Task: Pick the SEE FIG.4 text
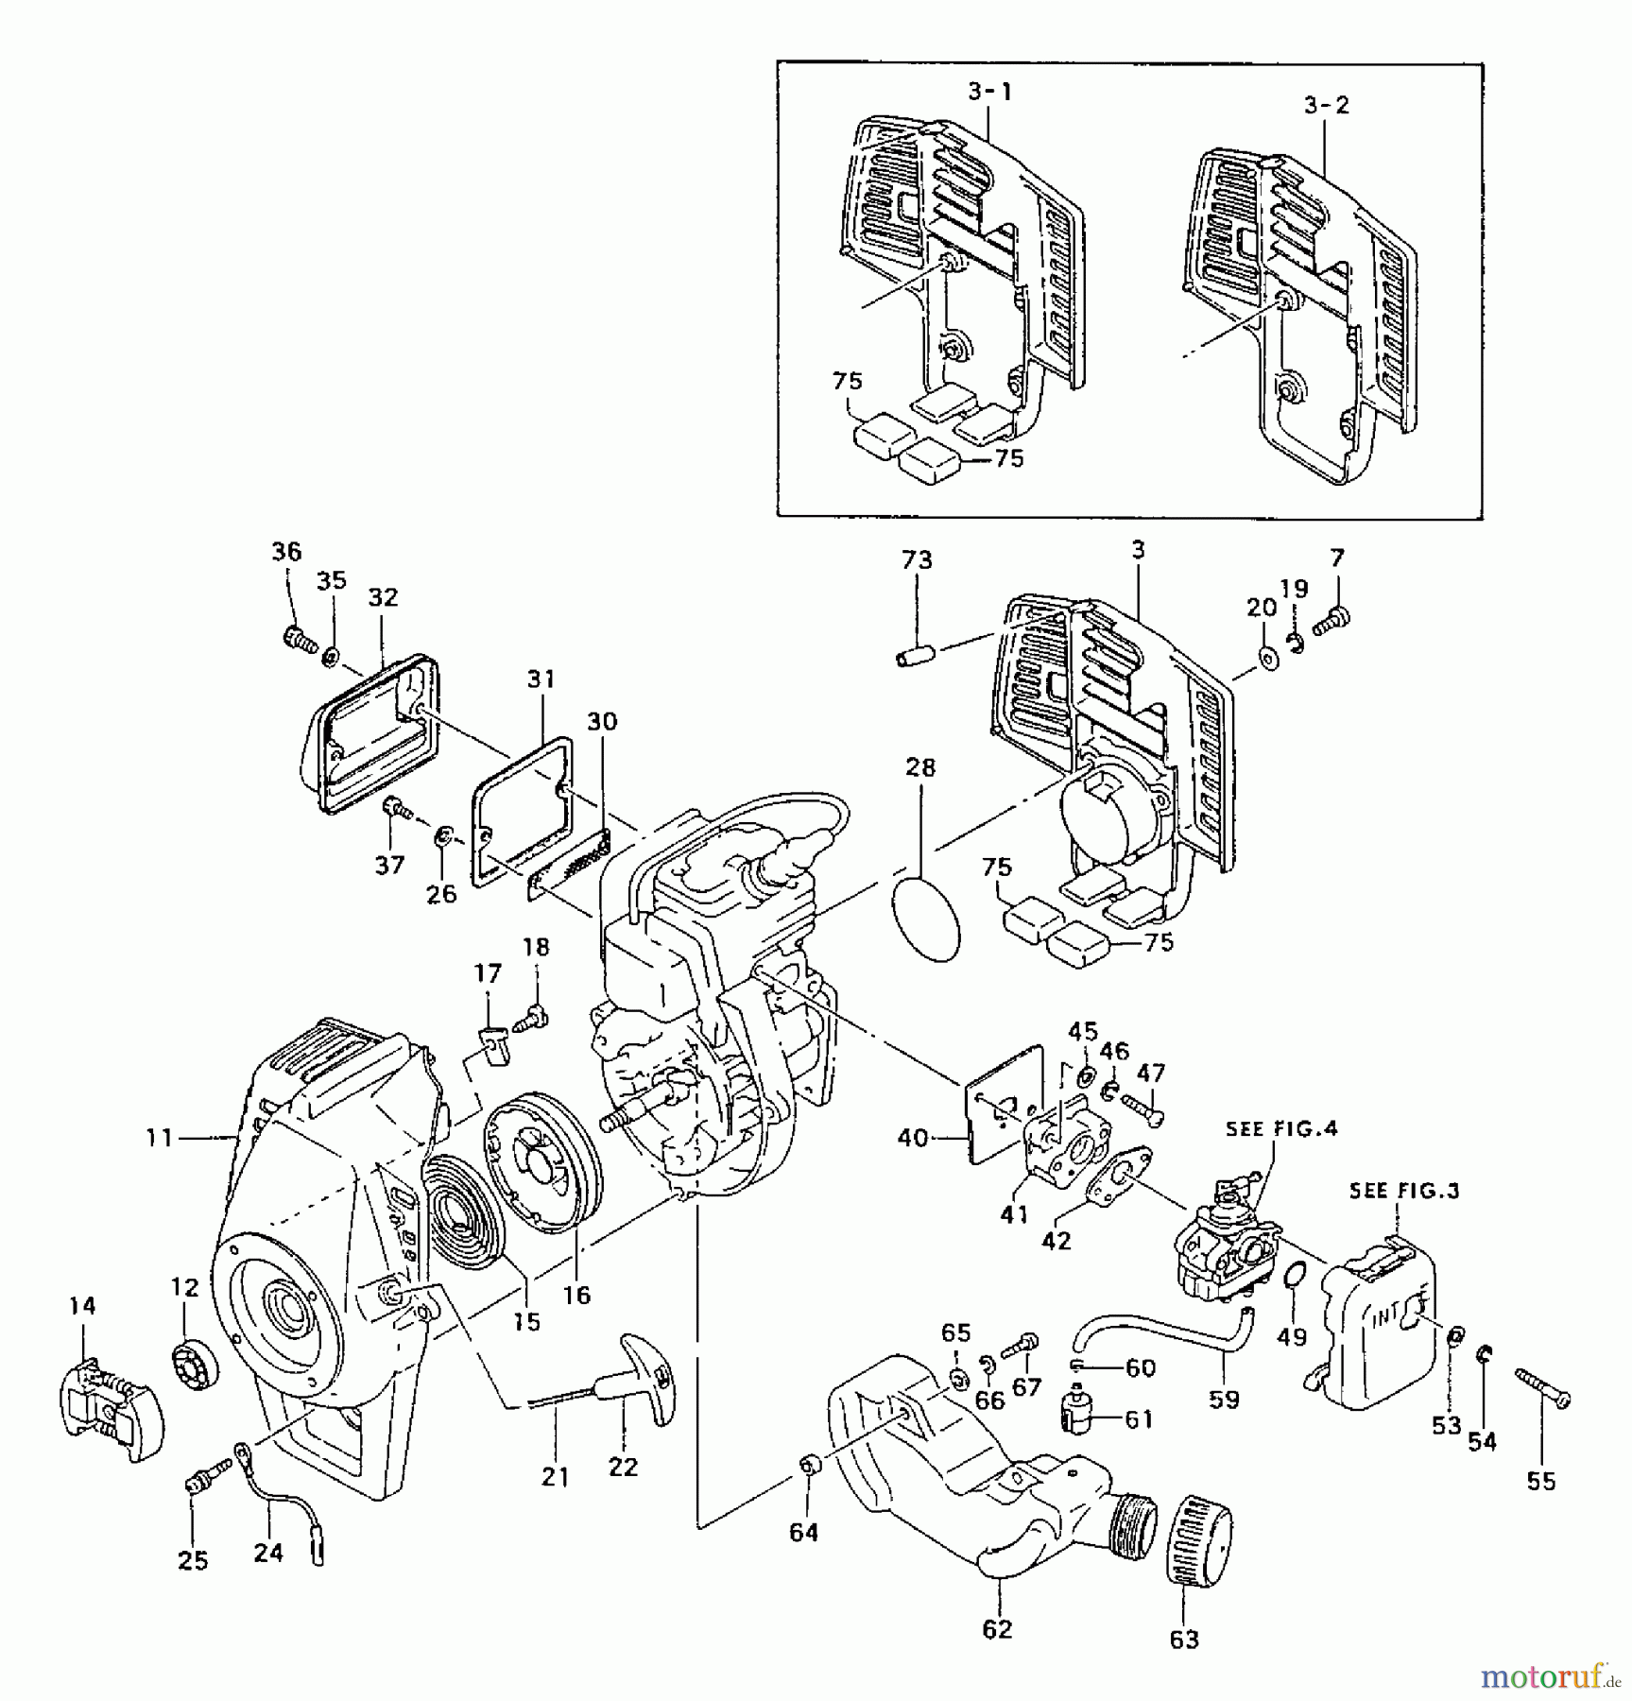tap(1281, 1128)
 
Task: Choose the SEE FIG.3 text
tap(1404, 1192)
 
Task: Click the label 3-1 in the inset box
tap(989, 92)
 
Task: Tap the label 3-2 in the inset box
tap(1327, 105)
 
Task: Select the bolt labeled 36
tap(301, 639)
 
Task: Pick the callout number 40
tap(912, 1138)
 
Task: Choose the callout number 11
tap(159, 1138)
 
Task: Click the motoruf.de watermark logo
tap(1550, 1677)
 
